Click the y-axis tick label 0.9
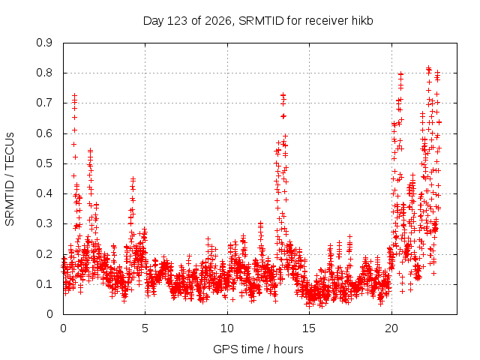44,43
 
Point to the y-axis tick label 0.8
44,73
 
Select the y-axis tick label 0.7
44,103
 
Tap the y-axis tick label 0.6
44,133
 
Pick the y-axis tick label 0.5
44,163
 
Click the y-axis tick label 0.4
44,193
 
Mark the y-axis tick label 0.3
44,223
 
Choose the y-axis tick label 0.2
44,253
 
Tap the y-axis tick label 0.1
44,283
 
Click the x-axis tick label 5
145,328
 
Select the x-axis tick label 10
226,328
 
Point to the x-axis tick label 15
309,328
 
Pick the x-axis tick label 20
391,328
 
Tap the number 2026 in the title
218,21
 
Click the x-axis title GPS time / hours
258,349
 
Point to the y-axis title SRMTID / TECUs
10,179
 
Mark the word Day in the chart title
154,22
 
